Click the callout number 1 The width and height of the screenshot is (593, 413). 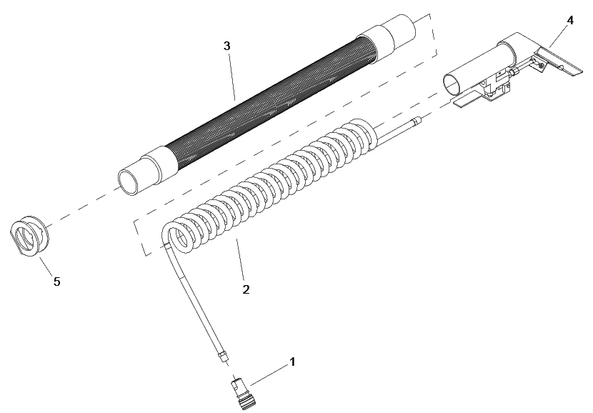pos(292,362)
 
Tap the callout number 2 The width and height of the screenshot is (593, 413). pos(246,289)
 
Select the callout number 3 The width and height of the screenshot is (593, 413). pos(226,46)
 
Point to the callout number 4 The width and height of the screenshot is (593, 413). pos(570,21)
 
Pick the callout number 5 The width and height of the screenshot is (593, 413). pos(56,282)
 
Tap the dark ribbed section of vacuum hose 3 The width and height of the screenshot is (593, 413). pos(271,105)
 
